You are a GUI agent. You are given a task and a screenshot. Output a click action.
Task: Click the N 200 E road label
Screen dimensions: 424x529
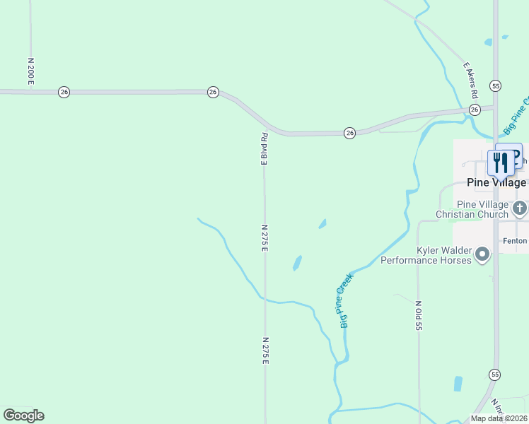31,71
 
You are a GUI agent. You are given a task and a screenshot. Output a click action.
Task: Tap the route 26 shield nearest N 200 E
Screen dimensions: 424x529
64,92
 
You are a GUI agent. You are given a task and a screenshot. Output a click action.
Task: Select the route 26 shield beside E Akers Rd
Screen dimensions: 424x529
475,109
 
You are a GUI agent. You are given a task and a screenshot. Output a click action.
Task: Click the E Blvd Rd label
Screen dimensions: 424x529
264,148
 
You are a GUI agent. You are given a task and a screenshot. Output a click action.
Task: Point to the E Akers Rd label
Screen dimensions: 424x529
472,80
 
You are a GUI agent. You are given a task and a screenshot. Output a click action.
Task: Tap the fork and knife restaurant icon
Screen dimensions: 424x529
501,163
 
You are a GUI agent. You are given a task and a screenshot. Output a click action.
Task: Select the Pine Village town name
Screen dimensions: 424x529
496,182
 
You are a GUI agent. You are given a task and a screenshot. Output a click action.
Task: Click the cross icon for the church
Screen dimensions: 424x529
520,208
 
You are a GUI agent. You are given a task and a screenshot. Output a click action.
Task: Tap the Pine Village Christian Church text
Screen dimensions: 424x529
472,209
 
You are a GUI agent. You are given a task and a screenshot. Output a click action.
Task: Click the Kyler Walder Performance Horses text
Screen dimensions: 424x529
426,256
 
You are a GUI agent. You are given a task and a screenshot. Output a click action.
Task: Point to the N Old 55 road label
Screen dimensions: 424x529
419,316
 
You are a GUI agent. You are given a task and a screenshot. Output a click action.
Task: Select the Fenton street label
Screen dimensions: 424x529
515,241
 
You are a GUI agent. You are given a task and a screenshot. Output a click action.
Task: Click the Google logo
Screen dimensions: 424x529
23,416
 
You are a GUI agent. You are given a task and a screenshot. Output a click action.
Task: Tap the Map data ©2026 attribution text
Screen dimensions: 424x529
499,418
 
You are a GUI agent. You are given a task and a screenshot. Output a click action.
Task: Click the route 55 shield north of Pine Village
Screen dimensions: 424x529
495,85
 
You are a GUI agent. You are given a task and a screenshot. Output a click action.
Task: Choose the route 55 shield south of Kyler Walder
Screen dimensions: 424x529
494,374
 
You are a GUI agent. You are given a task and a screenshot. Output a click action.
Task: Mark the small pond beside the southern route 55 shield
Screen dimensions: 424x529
458,384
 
